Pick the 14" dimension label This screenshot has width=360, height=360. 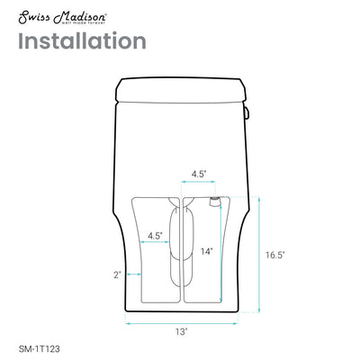click(207, 252)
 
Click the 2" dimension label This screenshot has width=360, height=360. click(117, 275)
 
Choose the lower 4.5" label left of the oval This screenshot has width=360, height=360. click(154, 237)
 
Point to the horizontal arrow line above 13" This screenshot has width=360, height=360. click(182, 320)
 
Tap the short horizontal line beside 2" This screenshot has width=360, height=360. click(132, 275)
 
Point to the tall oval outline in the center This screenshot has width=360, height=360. click(181, 243)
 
